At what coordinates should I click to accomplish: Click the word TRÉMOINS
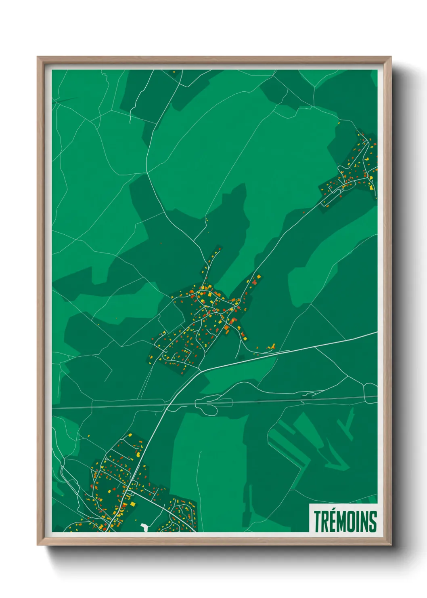click(x=345, y=521)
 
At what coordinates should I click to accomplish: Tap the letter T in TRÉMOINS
click(x=318, y=522)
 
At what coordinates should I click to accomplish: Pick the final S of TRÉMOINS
click(x=373, y=522)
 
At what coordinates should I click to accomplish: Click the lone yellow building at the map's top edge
click(x=175, y=72)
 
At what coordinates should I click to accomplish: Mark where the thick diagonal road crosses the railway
click(x=166, y=403)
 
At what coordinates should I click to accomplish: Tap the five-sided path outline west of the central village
click(x=170, y=315)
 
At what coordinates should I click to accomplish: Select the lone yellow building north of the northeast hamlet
click(x=339, y=122)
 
